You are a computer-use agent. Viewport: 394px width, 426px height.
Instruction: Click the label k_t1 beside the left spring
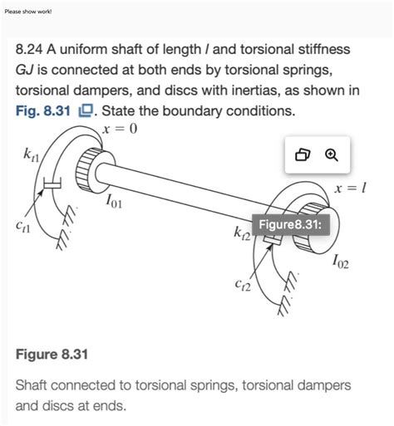point(32,155)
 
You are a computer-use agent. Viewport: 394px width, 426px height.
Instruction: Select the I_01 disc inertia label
point(114,201)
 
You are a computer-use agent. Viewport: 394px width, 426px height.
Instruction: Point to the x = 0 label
point(120,129)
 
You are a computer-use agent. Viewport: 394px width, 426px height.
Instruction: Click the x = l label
point(350,189)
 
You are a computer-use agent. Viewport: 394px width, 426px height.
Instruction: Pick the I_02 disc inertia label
point(341,262)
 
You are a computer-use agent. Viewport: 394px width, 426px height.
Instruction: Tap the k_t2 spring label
point(243,233)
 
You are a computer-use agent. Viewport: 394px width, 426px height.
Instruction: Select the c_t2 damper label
point(243,286)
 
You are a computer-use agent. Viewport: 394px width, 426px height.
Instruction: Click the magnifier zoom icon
point(332,155)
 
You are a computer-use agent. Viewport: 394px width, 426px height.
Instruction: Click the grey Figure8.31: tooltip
point(290,224)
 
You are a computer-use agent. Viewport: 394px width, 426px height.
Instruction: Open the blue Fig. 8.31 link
point(43,111)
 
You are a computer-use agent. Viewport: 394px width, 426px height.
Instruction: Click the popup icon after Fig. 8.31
point(86,111)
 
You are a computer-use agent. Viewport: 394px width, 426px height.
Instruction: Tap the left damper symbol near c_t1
point(52,184)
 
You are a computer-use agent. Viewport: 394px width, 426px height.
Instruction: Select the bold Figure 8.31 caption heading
point(52,355)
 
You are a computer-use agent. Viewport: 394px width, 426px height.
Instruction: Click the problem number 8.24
point(29,50)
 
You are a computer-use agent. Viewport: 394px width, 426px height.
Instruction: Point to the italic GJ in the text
point(25,71)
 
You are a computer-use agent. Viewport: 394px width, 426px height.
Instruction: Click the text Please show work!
point(28,12)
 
